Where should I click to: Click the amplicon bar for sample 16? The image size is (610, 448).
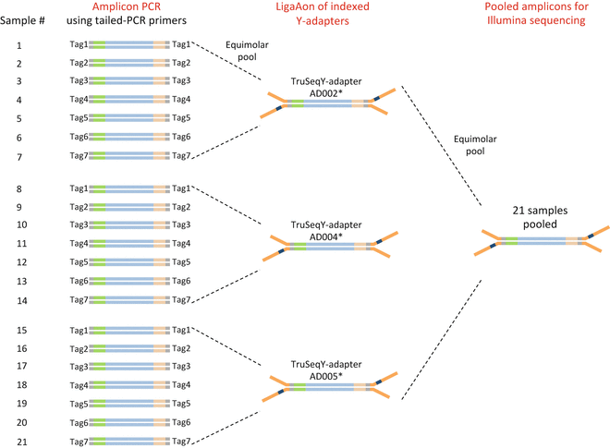129,349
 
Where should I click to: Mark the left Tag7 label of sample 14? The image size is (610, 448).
80,299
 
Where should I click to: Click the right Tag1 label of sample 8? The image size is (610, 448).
181,188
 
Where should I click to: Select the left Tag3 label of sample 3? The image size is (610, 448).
80,81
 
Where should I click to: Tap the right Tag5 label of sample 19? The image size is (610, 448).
181,405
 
